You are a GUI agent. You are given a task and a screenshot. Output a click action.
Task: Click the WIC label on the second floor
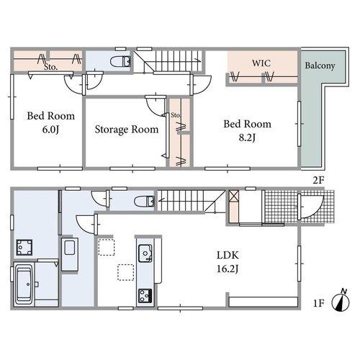pyautogui.click(x=261, y=63)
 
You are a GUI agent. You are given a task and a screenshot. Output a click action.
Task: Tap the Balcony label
pyautogui.click(x=320, y=66)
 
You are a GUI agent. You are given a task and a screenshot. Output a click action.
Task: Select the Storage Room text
pyautogui.click(x=127, y=130)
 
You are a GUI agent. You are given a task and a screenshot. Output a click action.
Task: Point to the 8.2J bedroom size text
pyautogui.click(x=247, y=138)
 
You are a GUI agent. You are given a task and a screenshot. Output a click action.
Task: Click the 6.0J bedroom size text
pyautogui.click(x=50, y=130)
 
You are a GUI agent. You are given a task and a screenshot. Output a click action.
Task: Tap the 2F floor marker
pyautogui.click(x=319, y=180)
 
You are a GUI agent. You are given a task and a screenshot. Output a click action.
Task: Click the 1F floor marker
pyautogui.click(x=319, y=303)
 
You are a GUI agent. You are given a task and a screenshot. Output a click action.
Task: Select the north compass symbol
pyautogui.click(x=341, y=300)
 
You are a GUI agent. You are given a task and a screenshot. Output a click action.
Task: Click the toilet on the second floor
pyautogui.click(x=120, y=61)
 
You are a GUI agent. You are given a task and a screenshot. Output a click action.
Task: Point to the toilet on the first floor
pyautogui.click(x=145, y=201)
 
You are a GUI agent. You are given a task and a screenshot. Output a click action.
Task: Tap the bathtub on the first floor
pyautogui.click(x=24, y=284)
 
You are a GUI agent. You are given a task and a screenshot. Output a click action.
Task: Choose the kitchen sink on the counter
pyautogui.click(x=145, y=253)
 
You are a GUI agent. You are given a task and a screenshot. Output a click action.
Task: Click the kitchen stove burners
pyautogui.click(x=145, y=296)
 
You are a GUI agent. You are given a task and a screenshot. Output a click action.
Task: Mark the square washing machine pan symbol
pyautogui.click(x=24, y=247)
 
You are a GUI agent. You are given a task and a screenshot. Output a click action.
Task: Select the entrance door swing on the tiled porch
pyautogui.click(x=310, y=207)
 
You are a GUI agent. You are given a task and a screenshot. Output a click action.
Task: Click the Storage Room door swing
pyautogui.click(x=156, y=107)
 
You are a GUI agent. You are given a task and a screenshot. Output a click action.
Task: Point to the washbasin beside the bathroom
pyautogui.click(x=70, y=254)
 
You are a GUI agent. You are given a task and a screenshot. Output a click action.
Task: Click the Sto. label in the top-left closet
pyautogui.click(x=50, y=67)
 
